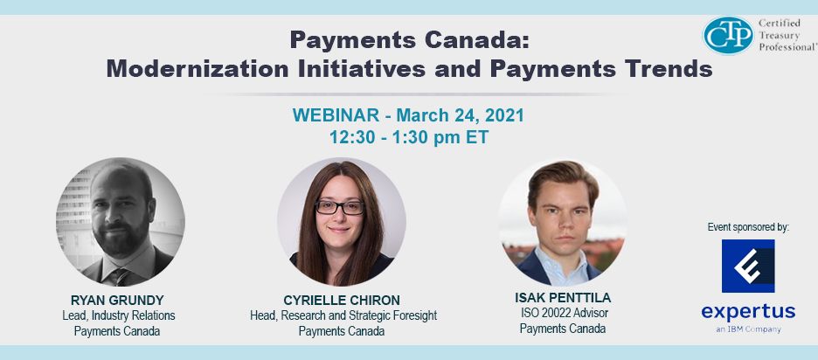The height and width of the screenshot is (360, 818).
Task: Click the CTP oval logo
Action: (x=728, y=36)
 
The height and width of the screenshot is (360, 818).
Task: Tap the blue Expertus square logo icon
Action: (x=748, y=267)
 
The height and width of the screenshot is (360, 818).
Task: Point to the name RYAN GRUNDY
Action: (x=117, y=301)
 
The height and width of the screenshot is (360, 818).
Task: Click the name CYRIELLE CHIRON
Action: (x=342, y=301)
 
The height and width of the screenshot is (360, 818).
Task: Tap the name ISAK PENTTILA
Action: (x=563, y=298)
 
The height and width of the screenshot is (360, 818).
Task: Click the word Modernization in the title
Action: (x=198, y=69)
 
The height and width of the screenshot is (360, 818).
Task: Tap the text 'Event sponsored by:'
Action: (x=748, y=227)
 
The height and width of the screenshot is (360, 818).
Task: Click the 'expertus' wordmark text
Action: (x=748, y=312)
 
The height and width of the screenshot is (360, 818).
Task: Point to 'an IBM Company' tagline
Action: (x=748, y=329)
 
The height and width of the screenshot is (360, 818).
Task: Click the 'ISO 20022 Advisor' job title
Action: (x=564, y=313)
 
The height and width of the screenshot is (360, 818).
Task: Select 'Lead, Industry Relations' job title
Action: (x=119, y=315)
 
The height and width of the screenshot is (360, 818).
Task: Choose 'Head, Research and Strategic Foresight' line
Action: (x=343, y=315)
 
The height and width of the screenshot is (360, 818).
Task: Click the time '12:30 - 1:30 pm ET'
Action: (x=409, y=137)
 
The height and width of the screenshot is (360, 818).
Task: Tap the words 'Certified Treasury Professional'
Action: (x=787, y=35)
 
